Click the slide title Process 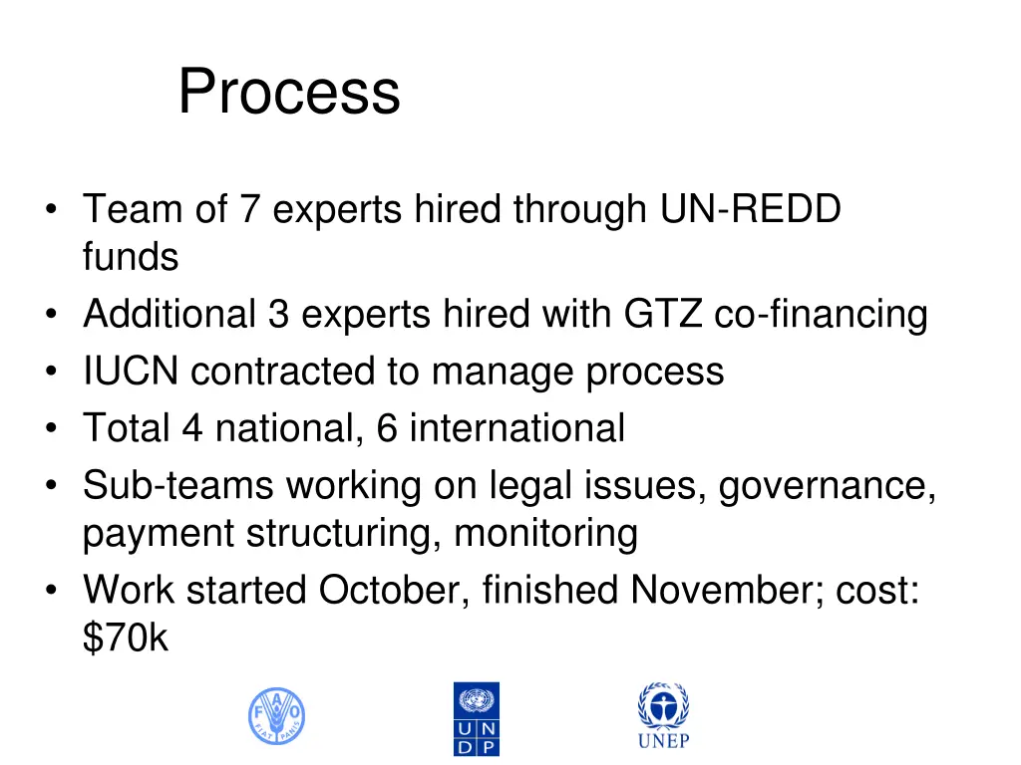pyautogui.click(x=289, y=92)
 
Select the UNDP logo pyautogui.click(x=477, y=718)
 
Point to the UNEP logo pyautogui.click(x=663, y=715)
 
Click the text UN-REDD pyautogui.click(x=751, y=210)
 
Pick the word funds pyautogui.click(x=131, y=257)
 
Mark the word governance pyautogui.click(x=828, y=486)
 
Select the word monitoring pyautogui.click(x=545, y=534)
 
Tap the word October pyautogui.click(x=390, y=591)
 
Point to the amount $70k pyautogui.click(x=126, y=638)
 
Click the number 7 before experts pyautogui.click(x=249, y=210)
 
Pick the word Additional pyautogui.click(x=170, y=315)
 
